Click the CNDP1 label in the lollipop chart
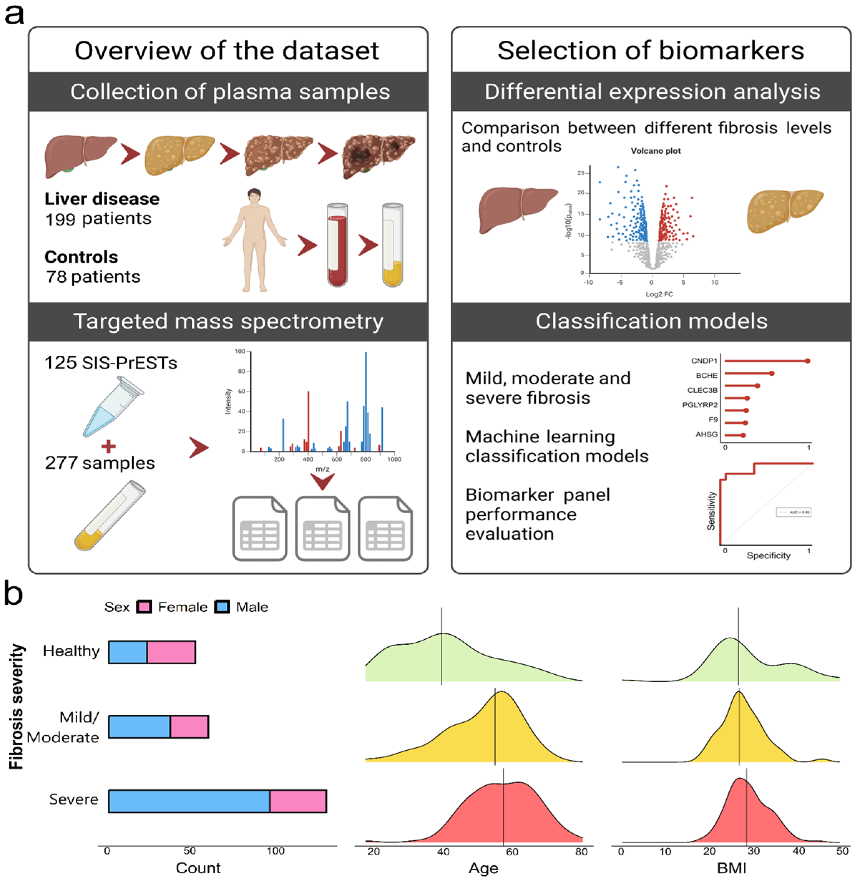click(704, 361)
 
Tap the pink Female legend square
click(144, 607)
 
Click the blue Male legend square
click(222, 607)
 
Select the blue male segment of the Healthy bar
click(128, 652)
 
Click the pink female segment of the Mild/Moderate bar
click(189, 726)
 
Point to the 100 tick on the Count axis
click(275, 851)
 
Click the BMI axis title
click(731, 868)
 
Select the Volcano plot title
click(655, 151)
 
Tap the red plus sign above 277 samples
click(108, 446)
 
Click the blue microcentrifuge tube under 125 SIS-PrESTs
click(113, 407)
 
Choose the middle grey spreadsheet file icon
click(322, 528)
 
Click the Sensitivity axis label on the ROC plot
click(711, 511)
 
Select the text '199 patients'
click(98, 219)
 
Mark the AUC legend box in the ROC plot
click(793, 512)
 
